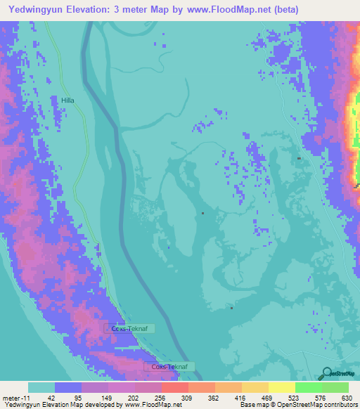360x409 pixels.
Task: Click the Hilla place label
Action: (x=67, y=100)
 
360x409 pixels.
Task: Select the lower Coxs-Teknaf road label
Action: (x=169, y=367)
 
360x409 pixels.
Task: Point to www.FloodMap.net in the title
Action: (x=218, y=10)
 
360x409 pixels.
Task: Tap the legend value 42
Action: (x=51, y=397)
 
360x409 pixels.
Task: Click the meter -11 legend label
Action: (x=15, y=397)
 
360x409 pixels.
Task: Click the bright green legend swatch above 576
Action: (x=308, y=387)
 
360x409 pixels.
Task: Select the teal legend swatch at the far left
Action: (x=41, y=387)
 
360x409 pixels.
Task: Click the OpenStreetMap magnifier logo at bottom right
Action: (x=326, y=373)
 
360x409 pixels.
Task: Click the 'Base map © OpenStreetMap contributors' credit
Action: (x=297, y=405)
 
